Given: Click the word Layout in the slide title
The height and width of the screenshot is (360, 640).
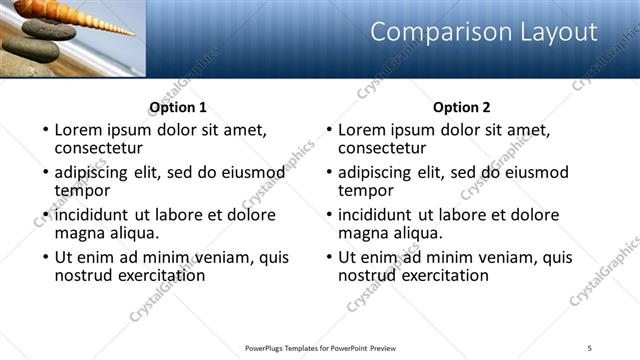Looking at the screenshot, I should (552, 32).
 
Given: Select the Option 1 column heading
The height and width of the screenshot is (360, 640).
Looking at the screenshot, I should (178, 107).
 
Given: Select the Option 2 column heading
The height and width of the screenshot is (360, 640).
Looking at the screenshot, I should (461, 107).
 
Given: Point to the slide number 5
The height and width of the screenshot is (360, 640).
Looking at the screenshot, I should (589, 347).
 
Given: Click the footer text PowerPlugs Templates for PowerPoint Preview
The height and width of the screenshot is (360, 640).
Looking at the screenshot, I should (320, 347).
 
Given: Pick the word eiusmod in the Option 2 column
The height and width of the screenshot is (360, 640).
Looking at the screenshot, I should (532, 172).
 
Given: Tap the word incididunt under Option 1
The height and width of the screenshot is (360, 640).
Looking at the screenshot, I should (94, 215).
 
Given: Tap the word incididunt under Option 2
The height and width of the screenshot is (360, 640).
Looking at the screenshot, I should (378, 215).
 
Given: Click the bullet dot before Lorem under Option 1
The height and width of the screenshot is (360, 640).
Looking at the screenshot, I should (44, 130).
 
